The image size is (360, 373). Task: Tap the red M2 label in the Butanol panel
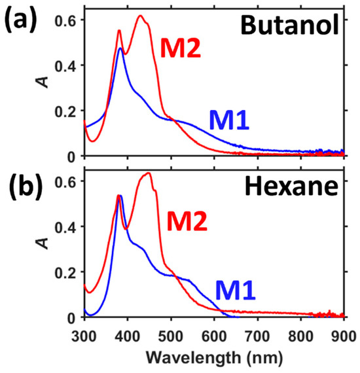click(181, 47)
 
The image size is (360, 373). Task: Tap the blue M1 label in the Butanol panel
click(230, 120)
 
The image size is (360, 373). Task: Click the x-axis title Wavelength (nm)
click(214, 359)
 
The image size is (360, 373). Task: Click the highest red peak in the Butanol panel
click(140, 16)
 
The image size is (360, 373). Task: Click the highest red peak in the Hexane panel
click(148, 173)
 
